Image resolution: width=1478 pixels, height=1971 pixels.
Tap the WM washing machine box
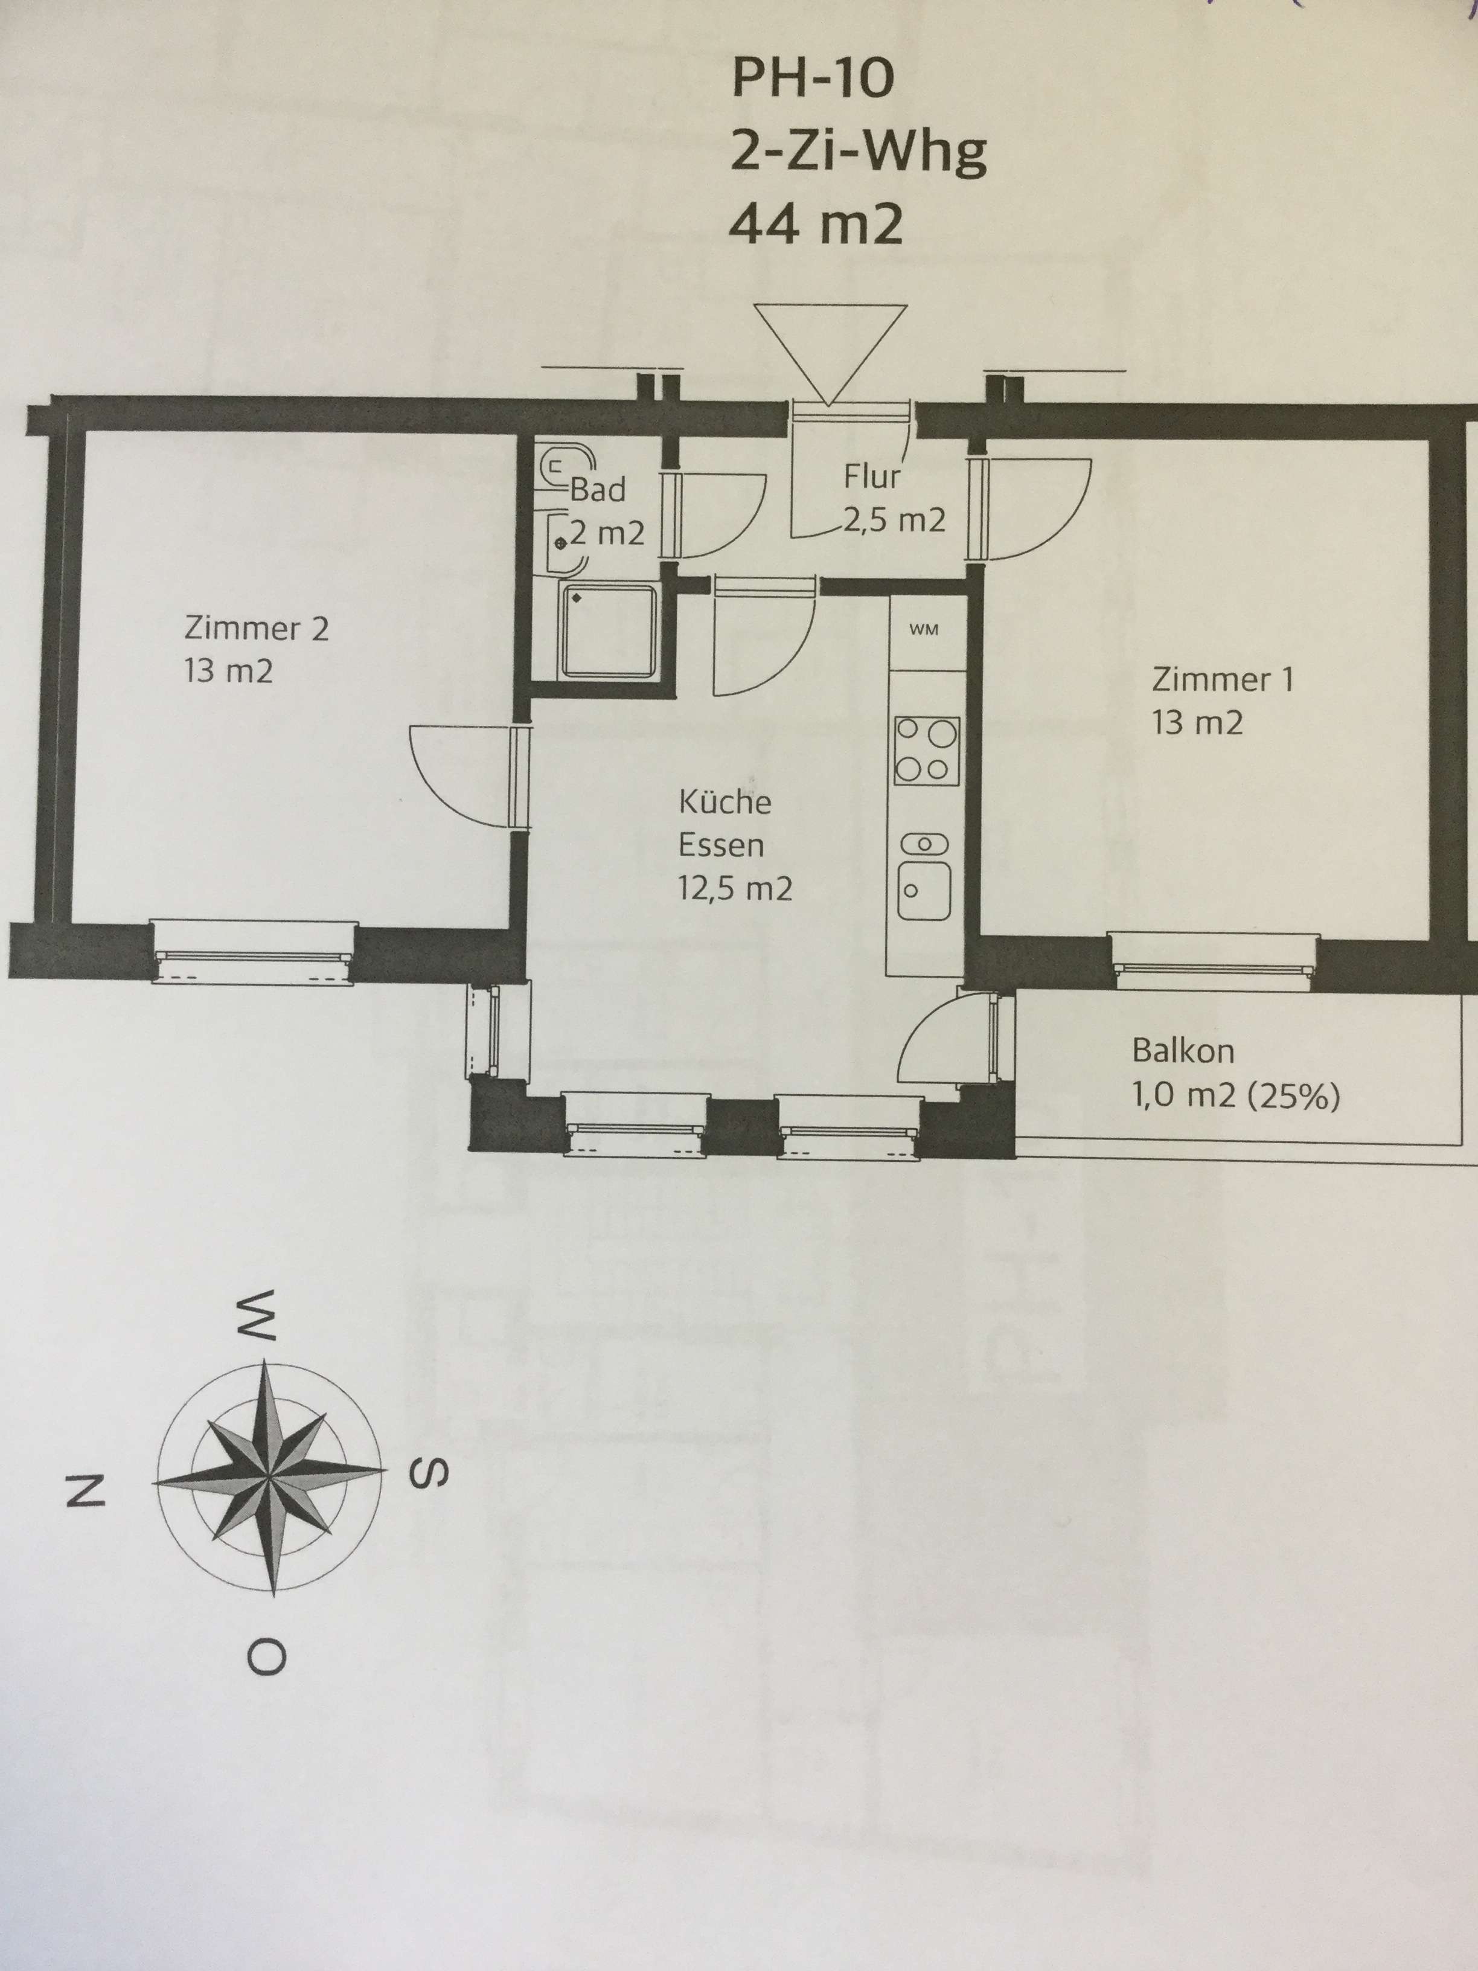pos(924,630)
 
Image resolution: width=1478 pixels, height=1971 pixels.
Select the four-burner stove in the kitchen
pos(927,750)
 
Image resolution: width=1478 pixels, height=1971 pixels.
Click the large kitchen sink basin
pos(923,890)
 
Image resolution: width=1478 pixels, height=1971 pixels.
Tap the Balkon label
pos(1182,1051)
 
